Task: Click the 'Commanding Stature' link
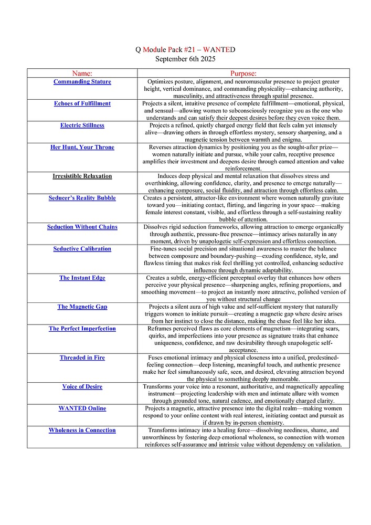82,82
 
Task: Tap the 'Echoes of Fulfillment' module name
82,103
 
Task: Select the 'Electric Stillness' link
82,125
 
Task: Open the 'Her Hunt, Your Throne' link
82,147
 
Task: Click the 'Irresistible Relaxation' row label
82,176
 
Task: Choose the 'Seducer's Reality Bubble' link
82,198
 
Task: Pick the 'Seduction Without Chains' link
82,227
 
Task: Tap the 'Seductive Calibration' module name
82,249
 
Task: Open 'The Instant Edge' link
82,278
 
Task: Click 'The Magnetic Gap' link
82,307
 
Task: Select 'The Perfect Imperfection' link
82,329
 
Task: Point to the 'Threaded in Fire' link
82,358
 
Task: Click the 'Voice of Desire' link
82,387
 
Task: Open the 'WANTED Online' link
82,408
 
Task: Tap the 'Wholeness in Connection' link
82,430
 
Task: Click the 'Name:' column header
82,73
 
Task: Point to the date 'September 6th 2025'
185,59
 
